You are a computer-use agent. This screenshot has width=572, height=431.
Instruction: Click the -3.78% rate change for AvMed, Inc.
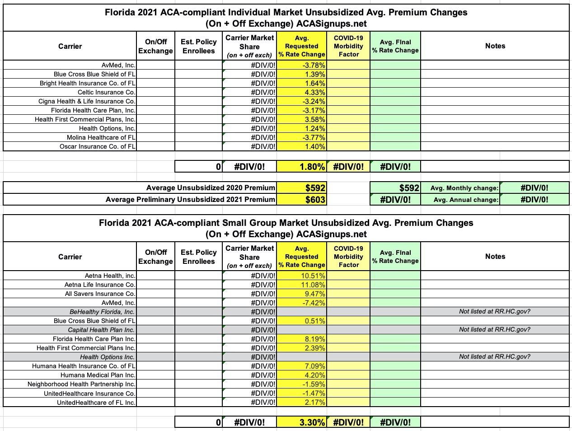coord(314,65)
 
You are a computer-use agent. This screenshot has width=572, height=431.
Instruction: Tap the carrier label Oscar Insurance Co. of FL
coord(97,146)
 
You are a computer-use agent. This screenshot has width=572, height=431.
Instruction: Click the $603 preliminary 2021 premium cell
coord(315,200)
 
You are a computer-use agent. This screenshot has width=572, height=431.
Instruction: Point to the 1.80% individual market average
coord(312,167)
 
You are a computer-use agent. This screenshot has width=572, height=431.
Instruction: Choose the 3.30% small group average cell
coord(312,422)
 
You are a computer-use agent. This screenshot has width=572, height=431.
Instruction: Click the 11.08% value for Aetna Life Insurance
coord(313,285)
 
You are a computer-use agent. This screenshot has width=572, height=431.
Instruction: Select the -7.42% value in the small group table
coord(314,303)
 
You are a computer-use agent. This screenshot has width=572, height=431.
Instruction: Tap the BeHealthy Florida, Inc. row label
coord(102,312)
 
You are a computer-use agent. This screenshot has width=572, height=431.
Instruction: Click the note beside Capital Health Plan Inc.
coord(494,329)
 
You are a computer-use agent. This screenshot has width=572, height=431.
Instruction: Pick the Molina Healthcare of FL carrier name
coord(101,137)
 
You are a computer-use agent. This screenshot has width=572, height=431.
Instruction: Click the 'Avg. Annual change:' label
coord(466,200)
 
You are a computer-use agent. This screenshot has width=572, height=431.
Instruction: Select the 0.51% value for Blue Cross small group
coord(315,321)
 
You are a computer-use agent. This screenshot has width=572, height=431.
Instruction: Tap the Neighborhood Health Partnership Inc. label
coord(81,384)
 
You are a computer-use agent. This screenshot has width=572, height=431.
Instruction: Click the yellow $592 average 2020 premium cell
coord(315,188)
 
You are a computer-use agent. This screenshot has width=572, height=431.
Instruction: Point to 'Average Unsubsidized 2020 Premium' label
coord(211,188)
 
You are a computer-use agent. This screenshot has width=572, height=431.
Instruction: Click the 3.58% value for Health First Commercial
coord(315,119)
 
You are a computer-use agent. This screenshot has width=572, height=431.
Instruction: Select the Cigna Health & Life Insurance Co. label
coord(87,101)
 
